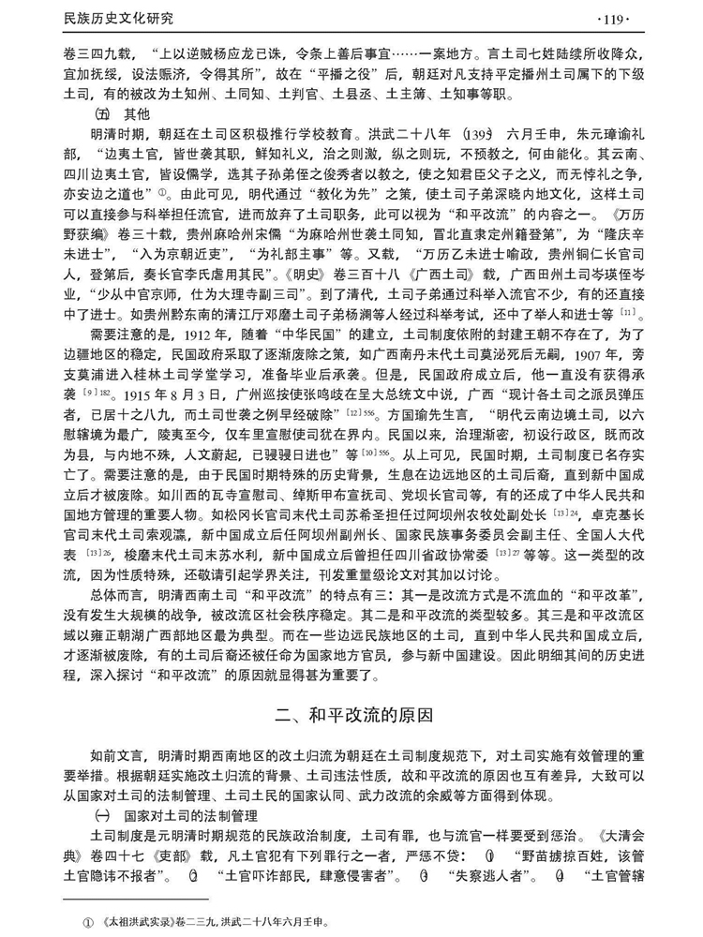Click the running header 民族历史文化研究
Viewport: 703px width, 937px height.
tap(117, 17)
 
